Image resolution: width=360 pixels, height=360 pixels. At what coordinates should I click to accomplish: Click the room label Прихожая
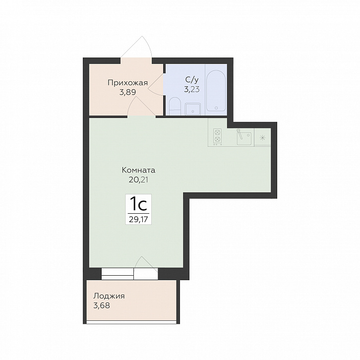127,83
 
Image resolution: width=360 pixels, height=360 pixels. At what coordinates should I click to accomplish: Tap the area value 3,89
127,92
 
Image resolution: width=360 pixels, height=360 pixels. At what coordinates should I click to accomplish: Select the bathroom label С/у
192,80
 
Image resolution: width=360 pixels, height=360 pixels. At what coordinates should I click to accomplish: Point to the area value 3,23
192,89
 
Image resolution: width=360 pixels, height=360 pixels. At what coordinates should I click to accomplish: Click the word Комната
138,171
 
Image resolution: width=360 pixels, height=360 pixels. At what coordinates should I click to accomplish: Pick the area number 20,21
138,180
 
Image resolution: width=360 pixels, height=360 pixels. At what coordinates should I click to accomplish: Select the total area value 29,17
138,220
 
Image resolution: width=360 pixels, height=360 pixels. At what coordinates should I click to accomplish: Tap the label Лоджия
109,296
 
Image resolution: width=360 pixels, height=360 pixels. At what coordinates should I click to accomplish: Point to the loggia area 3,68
102,305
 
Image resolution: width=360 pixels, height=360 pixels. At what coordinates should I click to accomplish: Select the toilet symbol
175,106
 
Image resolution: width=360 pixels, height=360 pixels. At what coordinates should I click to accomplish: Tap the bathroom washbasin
193,109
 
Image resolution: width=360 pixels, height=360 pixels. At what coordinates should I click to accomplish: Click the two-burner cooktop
217,137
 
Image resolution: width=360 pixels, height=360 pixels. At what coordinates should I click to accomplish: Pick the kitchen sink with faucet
244,136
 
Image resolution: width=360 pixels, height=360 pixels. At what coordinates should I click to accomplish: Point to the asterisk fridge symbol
262,138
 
